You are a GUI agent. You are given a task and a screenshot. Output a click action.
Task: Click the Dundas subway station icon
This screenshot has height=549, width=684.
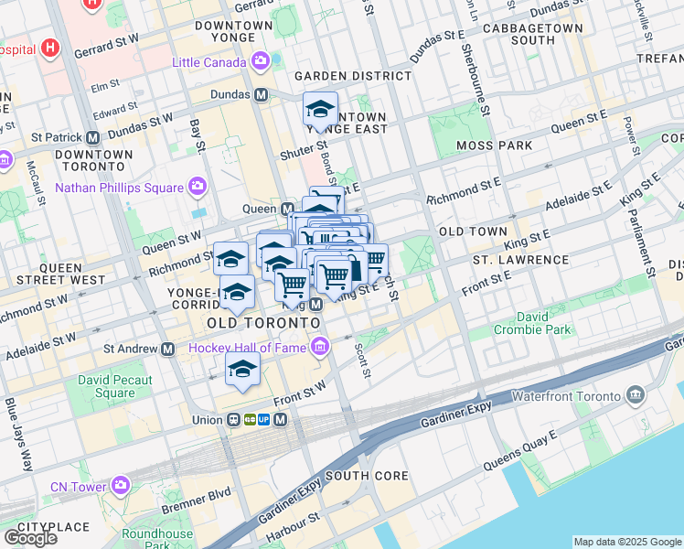click(261, 95)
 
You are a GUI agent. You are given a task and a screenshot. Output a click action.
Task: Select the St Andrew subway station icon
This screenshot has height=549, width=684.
click(167, 349)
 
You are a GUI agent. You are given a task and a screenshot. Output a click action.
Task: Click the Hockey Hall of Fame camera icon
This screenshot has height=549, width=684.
click(319, 347)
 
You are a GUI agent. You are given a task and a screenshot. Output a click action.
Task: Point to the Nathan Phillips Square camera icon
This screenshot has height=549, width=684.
click(197, 188)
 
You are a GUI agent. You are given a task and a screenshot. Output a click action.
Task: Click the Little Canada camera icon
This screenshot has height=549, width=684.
click(262, 62)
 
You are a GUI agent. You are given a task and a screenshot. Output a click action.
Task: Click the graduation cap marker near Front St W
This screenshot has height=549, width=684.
click(242, 369)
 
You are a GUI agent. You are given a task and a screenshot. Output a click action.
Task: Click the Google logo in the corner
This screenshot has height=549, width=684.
click(30, 538)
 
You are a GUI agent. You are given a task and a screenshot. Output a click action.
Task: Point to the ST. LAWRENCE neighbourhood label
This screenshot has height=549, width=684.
click(520, 261)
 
